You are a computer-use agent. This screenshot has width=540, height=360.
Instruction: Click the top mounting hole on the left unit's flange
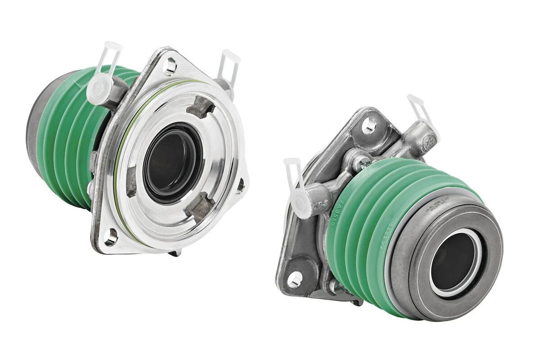[170, 66]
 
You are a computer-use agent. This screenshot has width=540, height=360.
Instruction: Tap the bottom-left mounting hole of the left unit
[110, 237]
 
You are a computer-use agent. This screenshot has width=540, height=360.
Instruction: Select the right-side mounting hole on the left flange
[240, 185]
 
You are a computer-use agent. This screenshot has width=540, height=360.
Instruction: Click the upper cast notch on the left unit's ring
[201, 107]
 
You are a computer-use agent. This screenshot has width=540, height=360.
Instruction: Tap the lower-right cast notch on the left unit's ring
[199, 207]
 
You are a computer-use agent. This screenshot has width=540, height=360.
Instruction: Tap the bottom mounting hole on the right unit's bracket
[295, 279]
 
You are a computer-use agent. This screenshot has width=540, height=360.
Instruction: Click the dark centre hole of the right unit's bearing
[452, 262]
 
